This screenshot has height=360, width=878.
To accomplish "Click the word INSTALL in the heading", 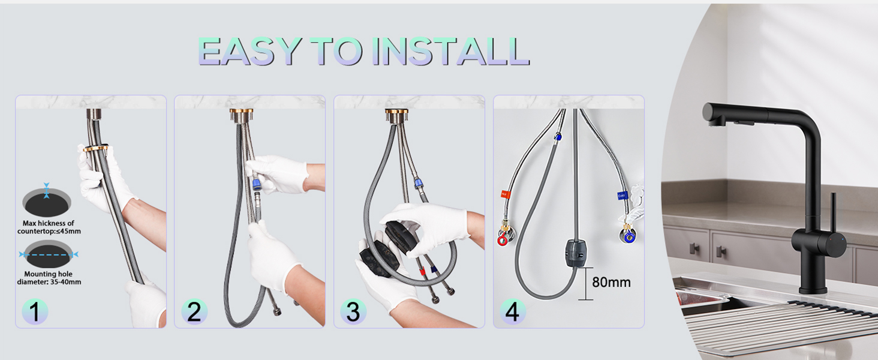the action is pyautogui.click(x=451, y=52).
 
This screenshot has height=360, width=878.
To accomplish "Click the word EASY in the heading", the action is pyautogui.click(x=250, y=52).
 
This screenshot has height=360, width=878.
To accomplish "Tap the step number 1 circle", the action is pyautogui.click(x=35, y=312).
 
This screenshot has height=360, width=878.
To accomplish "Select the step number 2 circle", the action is pyautogui.click(x=194, y=312).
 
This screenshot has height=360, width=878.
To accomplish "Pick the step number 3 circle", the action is pyautogui.click(x=354, y=312).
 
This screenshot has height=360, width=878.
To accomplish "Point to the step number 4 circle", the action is pyautogui.click(x=513, y=312).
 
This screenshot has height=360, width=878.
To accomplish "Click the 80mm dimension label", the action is pyautogui.click(x=611, y=282).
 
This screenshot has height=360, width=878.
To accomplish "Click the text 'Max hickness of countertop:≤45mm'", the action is pyautogui.click(x=49, y=227).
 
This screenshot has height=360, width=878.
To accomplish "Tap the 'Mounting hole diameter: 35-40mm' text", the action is pyautogui.click(x=49, y=278).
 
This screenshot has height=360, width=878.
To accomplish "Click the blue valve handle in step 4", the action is pyautogui.click(x=629, y=236).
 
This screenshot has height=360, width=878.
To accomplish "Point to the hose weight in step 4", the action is pyautogui.click(x=575, y=253).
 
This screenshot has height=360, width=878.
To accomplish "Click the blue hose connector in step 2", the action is pyautogui.click(x=257, y=183).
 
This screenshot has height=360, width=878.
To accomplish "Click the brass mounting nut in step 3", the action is pyautogui.click(x=396, y=116).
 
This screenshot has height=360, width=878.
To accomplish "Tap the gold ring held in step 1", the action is pyautogui.click(x=95, y=148).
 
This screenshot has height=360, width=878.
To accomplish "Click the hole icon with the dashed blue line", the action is pyautogui.click(x=48, y=254).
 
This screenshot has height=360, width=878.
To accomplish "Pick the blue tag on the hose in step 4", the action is pyautogui.click(x=622, y=195).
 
